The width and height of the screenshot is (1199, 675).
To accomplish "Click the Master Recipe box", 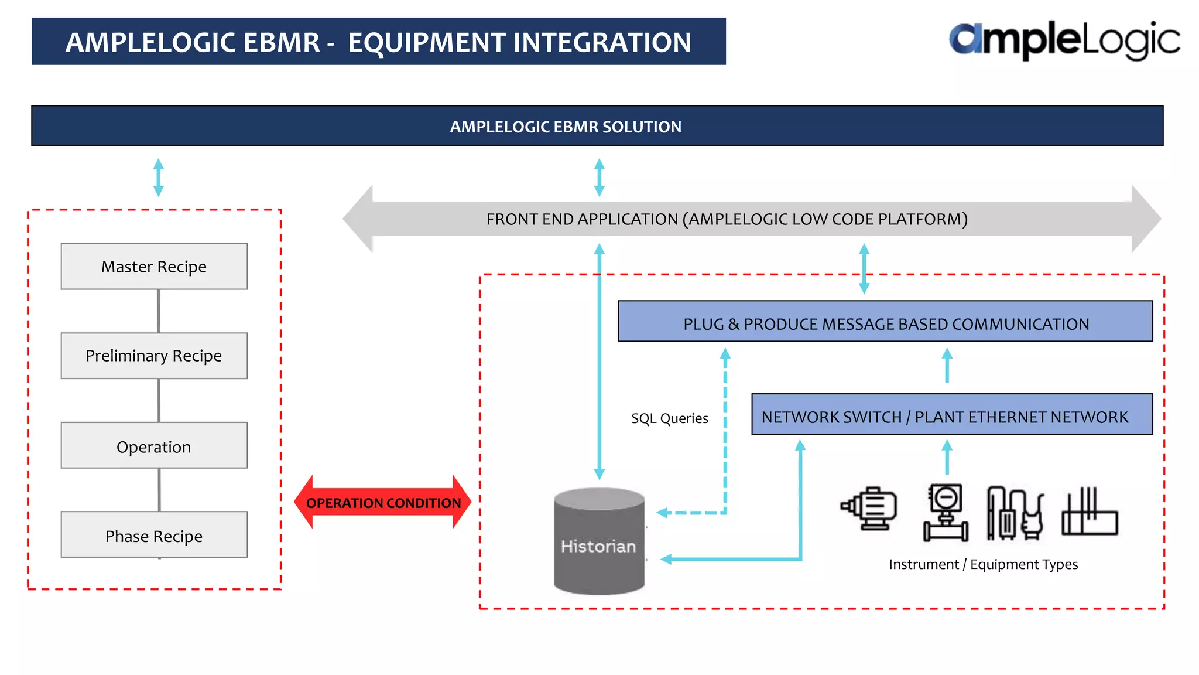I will pyautogui.click(x=154, y=267).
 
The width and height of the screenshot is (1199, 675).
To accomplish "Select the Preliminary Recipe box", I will pyautogui.click(x=154, y=356).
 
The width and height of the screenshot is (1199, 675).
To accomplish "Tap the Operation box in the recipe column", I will pyautogui.click(x=154, y=446).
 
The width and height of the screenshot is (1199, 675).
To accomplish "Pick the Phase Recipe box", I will pyautogui.click(x=154, y=535).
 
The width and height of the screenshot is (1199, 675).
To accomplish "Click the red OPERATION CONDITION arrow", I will pyautogui.click(x=383, y=503).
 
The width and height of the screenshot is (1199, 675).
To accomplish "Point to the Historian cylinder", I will pyautogui.click(x=599, y=542).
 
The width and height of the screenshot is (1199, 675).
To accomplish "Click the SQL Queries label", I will pyautogui.click(x=669, y=418).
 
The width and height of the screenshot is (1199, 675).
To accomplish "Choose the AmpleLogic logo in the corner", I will pyautogui.click(x=1064, y=40).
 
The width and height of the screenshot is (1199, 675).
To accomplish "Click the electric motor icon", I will pyautogui.click(x=870, y=509).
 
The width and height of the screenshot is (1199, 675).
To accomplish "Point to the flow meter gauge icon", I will pyautogui.click(x=946, y=512).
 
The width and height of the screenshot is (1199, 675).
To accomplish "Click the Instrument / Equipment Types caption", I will pyautogui.click(x=983, y=564).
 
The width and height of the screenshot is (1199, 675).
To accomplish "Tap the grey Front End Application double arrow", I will pyautogui.click(x=726, y=219).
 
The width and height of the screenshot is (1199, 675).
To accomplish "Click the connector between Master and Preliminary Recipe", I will pyautogui.click(x=159, y=311).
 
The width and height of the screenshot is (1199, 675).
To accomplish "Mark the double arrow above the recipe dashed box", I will pyautogui.click(x=158, y=177).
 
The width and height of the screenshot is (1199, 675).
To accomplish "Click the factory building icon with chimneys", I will pyautogui.click(x=1090, y=513).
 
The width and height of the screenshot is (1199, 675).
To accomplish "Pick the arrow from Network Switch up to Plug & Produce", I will pyautogui.click(x=947, y=366).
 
